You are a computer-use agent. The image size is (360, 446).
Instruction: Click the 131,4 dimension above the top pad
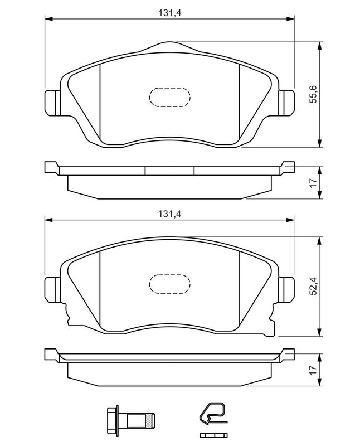click(170, 13)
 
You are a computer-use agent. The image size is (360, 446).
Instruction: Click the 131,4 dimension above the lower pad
click(170, 214)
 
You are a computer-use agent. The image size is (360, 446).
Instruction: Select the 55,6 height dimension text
click(313, 94)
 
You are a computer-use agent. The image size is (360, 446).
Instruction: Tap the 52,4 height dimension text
click(313, 286)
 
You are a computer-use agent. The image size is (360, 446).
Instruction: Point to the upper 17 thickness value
click(313, 183)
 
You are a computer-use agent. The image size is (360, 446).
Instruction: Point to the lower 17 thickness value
click(313, 370)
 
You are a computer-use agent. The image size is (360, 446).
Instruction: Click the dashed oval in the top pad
click(170, 97)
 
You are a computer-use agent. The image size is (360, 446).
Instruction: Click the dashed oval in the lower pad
click(170, 284)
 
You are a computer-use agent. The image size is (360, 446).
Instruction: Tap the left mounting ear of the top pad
click(52, 103)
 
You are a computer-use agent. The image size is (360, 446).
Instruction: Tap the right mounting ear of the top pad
click(286, 103)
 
